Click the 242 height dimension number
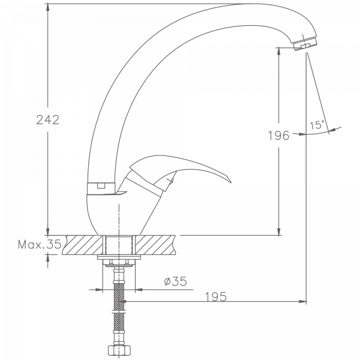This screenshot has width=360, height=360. coord(47,120)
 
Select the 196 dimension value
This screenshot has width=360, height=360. coord(278,136)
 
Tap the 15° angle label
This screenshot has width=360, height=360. coord(317,125)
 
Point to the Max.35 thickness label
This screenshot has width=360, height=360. coord(39,244)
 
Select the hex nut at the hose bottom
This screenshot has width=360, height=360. coord(118,350)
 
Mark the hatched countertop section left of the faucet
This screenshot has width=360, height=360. coord(85,245)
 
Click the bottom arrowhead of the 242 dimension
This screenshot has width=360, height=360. coord(47,232)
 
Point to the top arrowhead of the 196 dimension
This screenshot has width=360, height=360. coord(278,53)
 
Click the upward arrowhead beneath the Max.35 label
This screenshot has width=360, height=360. coord(47,257)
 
